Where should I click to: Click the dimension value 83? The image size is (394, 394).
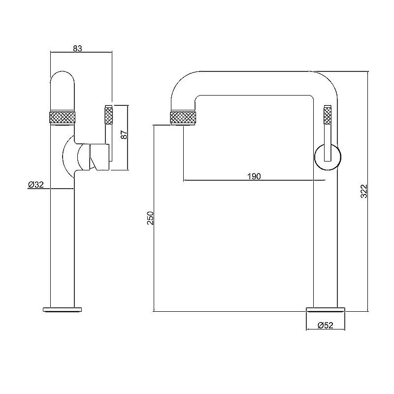pos(78,48)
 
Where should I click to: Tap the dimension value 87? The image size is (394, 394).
pos(124,134)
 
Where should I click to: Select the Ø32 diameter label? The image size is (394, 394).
pos(35,185)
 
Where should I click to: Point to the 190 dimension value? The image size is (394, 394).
pos(254,176)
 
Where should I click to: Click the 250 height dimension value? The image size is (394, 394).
pos(150,218)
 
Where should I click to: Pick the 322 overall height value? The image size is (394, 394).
pos(364,191)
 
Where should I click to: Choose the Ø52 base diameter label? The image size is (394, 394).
pos(326,326)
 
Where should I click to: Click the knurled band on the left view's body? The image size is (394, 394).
pos(63,117)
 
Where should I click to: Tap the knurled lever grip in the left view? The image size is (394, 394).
pos(108,115)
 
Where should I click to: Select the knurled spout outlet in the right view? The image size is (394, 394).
pos(183,117)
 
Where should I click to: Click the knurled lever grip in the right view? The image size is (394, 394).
pos(328,115)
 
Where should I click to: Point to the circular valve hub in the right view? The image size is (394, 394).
pos(328,157)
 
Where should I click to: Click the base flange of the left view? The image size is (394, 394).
pos(63,309)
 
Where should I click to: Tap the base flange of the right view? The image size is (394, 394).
pos(326,309)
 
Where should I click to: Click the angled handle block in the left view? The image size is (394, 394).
pos(99,157)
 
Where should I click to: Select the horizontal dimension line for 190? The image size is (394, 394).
pos(254,180)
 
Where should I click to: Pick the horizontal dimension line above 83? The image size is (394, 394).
pos(81,52)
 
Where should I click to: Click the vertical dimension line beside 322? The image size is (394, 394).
pos(368,192)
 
